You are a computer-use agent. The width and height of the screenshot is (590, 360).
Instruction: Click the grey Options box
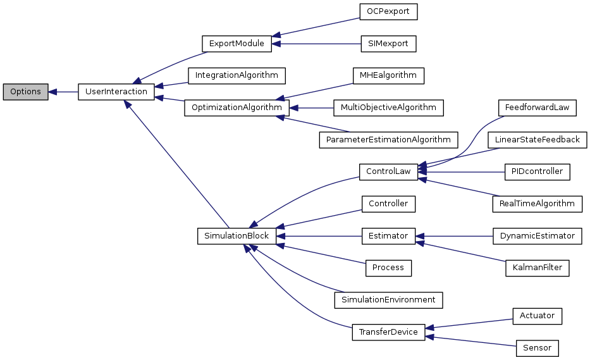click(x=25, y=92)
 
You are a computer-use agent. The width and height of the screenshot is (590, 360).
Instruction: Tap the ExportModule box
click(x=237, y=44)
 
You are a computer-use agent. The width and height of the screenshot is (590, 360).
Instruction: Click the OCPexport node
click(x=388, y=12)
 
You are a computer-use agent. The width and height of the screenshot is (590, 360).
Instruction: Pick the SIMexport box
click(x=388, y=44)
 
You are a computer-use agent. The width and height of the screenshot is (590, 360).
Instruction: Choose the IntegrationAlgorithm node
click(x=237, y=75)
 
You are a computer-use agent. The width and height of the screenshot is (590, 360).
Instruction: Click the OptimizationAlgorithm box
click(x=237, y=108)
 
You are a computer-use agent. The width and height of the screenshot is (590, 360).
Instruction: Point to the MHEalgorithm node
click(x=388, y=75)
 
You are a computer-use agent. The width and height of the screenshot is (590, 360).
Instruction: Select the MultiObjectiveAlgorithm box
click(x=388, y=108)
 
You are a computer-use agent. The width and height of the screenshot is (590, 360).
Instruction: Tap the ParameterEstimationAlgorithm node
click(x=388, y=139)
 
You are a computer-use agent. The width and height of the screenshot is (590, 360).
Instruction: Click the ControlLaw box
click(x=388, y=171)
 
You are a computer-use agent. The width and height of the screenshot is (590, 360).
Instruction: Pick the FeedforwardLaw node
click(x=537, y=108)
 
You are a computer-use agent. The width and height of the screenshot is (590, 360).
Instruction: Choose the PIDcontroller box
click(x=537, y=171)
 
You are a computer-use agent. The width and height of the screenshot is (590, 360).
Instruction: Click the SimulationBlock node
click(x=237, y=236)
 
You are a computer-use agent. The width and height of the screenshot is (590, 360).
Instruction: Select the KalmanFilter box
click(x=537, y=268)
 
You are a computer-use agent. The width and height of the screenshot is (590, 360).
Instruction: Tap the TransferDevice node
click(x=388, y=332)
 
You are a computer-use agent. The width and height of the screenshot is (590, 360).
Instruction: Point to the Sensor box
click(x=537, y=348)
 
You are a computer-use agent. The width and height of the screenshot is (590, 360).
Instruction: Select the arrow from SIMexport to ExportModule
click(x=316, y=44)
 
